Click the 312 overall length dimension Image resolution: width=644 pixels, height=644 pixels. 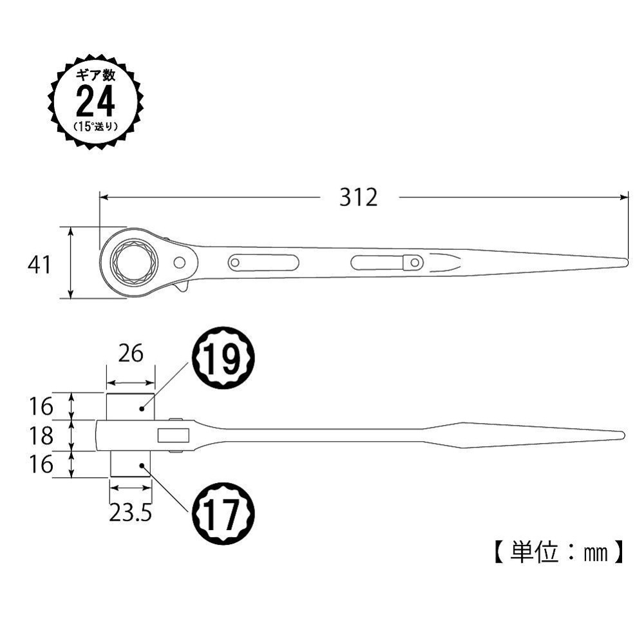(359, 197)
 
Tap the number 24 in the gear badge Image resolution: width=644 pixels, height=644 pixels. (95, 100)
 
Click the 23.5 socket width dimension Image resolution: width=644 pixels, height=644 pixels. (131, 513)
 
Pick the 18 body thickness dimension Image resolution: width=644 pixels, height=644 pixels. (41, 436)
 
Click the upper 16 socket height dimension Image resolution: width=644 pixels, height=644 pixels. (41, 406)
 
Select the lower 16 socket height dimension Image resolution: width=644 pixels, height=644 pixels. (41, 464)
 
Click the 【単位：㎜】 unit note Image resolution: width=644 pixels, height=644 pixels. (558, 553)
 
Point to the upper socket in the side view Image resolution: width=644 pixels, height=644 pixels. (130, 406)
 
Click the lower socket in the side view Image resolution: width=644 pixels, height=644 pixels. (130, 464)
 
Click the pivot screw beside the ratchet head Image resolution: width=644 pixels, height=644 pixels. (181, 262)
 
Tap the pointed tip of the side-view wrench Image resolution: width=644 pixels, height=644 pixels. (621, 435)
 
